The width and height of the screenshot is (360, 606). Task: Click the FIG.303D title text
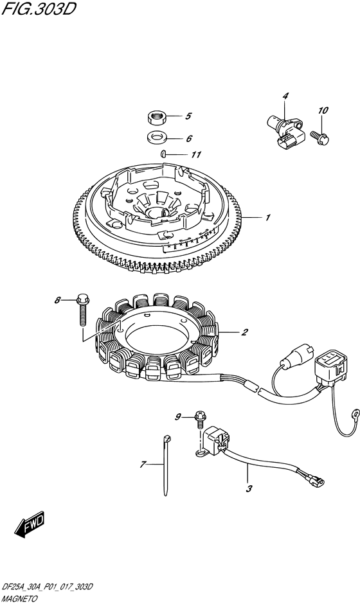click(x=39, y=9)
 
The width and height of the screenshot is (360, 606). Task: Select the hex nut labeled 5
click(x=157, y=117)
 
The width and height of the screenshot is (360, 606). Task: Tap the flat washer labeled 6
click(x=157, y=137)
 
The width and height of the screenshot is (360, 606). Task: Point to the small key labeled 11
click(x=163, y=154)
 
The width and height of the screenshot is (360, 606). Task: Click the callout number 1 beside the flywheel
click(x=267, y=218)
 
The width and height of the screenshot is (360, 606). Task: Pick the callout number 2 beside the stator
click(x=244, y=332)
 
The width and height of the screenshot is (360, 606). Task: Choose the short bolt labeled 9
click(x=201, y=420)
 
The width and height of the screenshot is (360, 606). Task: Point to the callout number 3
click(x=249, y=488)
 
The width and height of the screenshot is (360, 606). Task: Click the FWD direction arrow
click(x=30, y=525)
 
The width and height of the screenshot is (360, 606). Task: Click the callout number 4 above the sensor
click(x=285, y=96)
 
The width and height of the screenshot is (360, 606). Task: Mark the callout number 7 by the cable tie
click(x=143, y=464)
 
